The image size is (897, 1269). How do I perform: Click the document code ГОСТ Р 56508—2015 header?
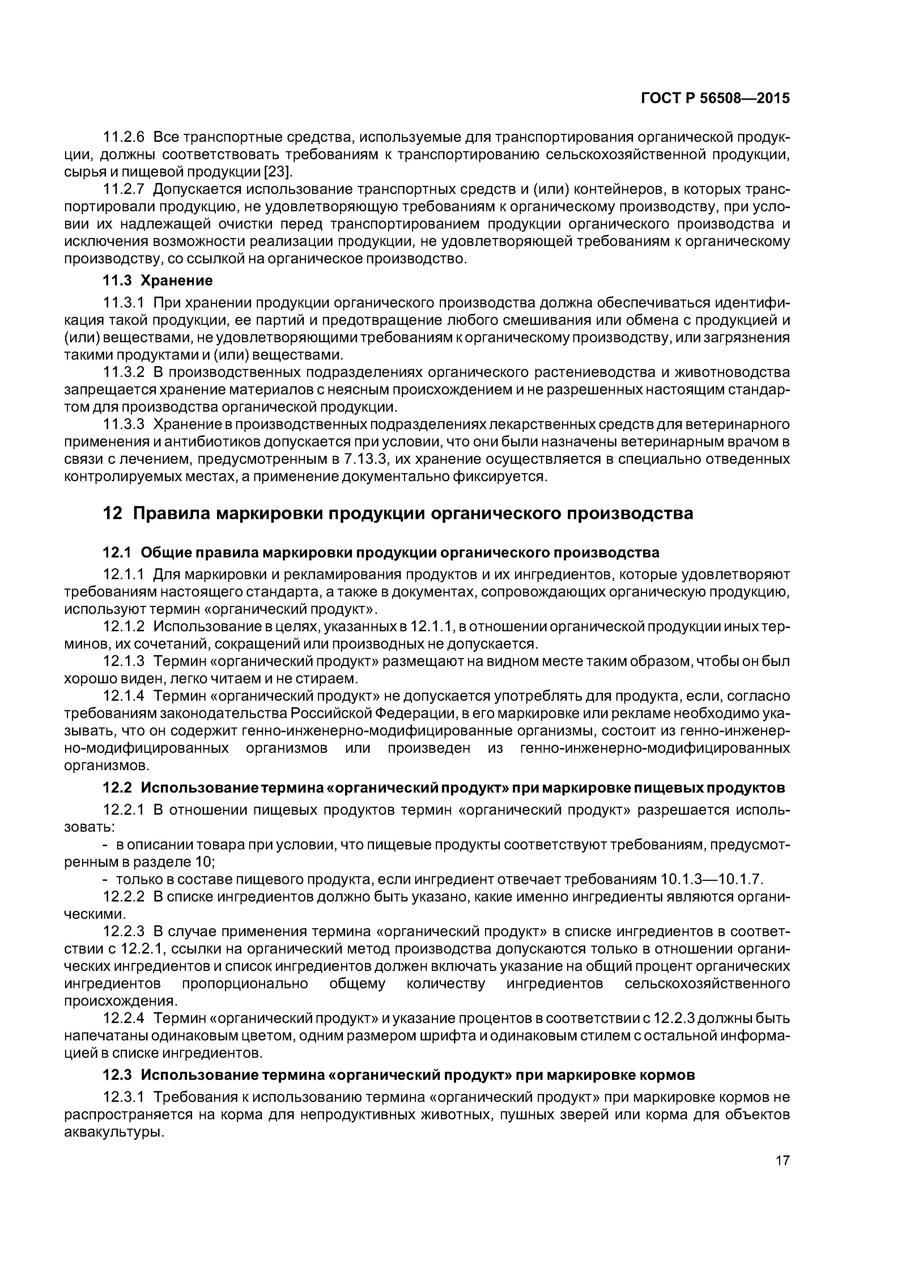pos(715,98)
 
